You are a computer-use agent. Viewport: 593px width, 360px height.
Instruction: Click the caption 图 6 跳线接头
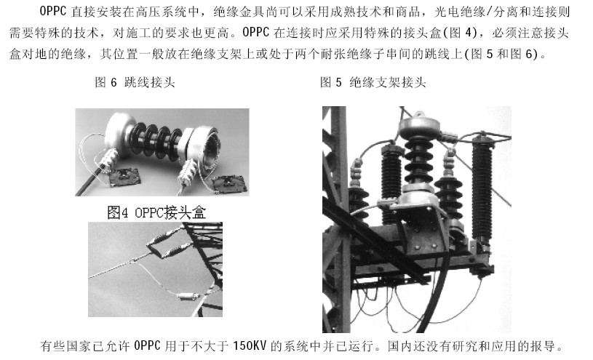(135, 82)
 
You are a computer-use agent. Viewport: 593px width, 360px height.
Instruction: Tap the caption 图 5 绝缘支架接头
(373, 82)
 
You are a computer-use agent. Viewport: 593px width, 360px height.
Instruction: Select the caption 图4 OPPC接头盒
(156, 212)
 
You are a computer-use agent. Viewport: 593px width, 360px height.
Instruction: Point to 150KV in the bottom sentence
(250, 345)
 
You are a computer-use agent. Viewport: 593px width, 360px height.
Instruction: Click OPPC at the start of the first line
(53, 12)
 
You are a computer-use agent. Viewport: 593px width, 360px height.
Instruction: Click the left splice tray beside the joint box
(124, 177)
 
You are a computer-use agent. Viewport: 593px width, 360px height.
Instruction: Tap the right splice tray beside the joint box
(230, 184)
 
